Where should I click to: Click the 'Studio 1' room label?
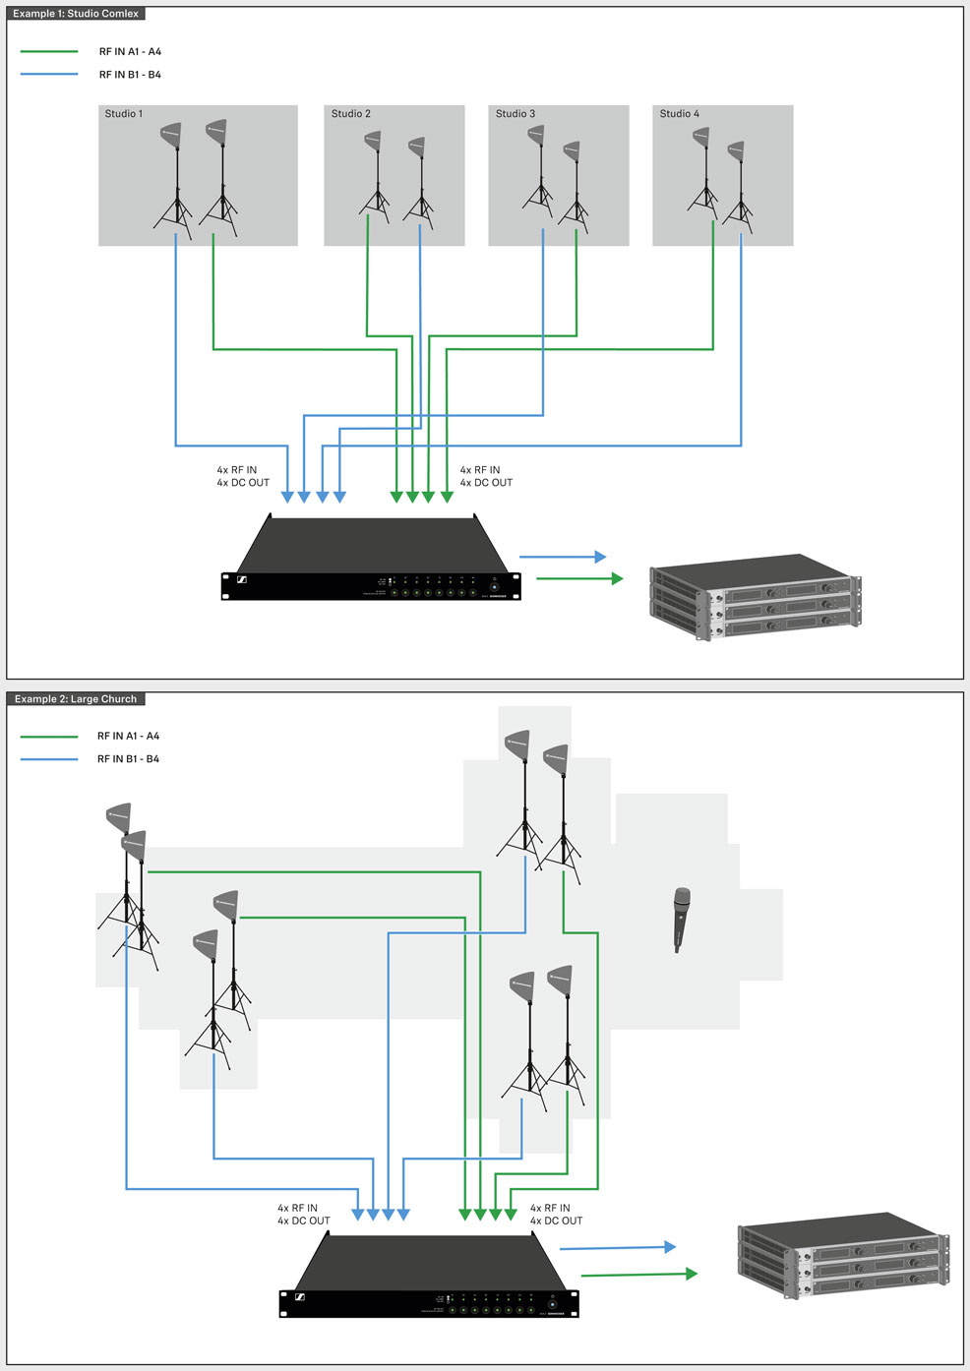(124, 114)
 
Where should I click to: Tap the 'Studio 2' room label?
(351, 114)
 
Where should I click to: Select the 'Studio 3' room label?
(515, 114)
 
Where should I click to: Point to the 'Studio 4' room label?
(680, 114)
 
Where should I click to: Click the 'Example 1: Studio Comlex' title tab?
(76, 14)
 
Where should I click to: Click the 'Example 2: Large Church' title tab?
(76, 699)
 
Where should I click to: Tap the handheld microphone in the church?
(681, 919)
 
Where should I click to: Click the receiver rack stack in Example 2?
(843, 1254)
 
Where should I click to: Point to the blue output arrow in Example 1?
(563, 557)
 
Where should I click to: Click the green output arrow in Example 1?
(579, 578)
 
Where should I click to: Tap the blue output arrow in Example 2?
(618, 1248)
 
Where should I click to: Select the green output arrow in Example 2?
(639, 1275)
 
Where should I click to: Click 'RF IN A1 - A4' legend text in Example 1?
(130, 52)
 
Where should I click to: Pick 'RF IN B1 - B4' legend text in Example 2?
(128, 759)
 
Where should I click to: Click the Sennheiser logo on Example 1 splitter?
(241, 580)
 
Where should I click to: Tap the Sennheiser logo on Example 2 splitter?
(299, 1297)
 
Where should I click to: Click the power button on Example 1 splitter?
(495, 587)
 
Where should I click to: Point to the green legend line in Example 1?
(49, 52)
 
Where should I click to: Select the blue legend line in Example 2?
(49, 759)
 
